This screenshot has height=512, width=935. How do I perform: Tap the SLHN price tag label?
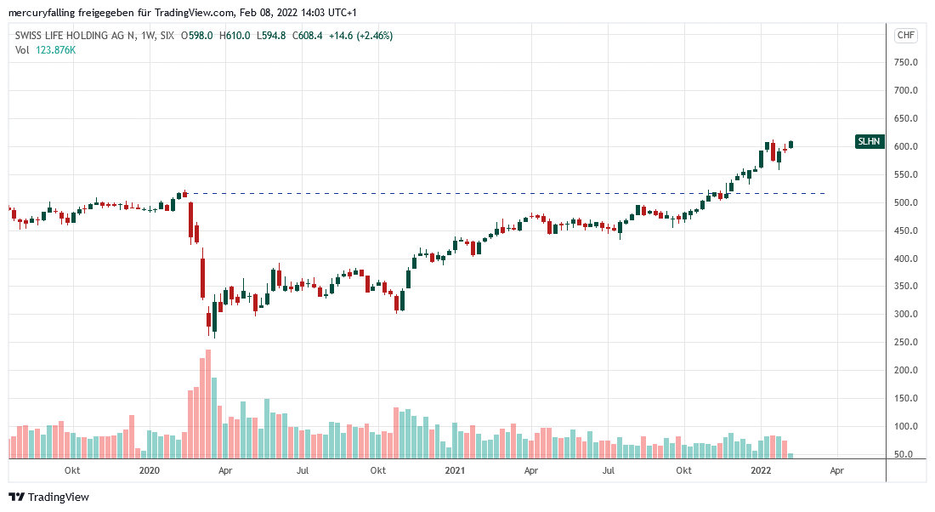pos(870,142)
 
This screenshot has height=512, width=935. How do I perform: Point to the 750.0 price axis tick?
pos(904,63)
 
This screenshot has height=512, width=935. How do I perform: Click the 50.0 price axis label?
pos(907,455)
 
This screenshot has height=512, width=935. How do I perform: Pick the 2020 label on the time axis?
pos(149,470)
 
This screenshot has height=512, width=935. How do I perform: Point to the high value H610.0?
pos(235,36)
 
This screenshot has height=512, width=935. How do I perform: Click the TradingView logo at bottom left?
pos(48,497)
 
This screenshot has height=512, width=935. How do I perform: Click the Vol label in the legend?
pos(22,50)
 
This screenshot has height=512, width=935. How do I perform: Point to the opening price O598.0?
pos(198,36)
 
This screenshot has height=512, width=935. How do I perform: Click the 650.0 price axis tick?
pos(904,119)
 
